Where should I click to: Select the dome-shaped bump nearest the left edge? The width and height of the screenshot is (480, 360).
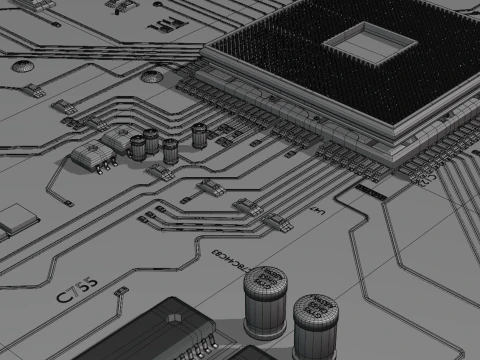[x=23, y=67]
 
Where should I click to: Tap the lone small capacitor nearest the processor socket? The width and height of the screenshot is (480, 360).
[x=201, y=132]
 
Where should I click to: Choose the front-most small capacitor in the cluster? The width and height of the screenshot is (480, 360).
[x=170, y=150]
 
